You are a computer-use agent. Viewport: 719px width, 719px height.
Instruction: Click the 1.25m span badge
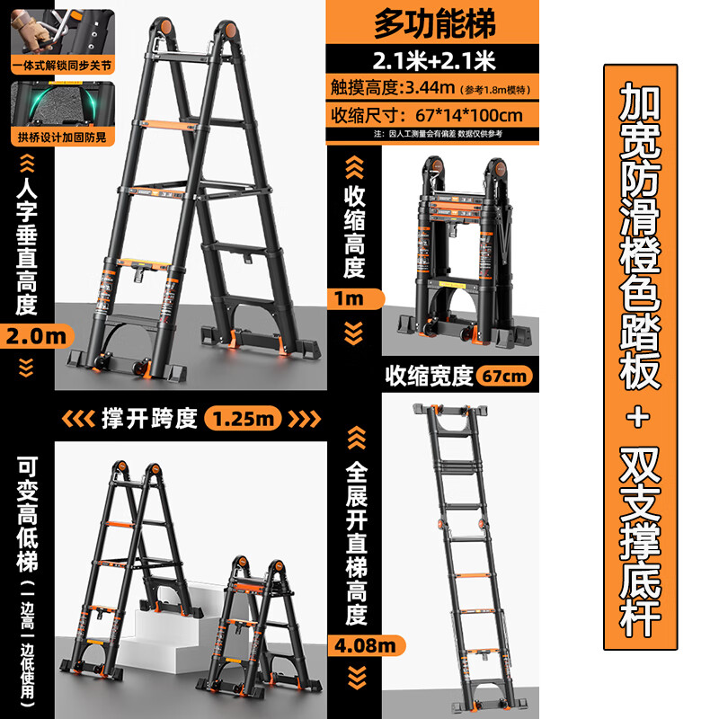[243, 418]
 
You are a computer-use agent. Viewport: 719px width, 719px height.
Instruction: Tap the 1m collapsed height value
[352, 298]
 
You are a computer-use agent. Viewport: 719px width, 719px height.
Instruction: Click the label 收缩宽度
[429, 375]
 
